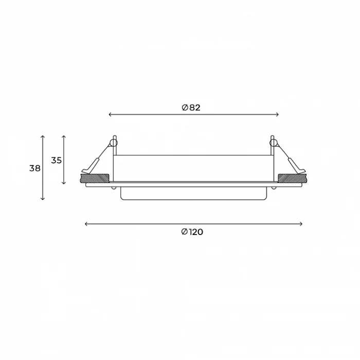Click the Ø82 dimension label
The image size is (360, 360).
coord(191,107)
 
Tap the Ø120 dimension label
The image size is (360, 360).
coord(192,232)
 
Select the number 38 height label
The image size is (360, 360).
coord(35,168)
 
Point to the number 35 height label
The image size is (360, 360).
coord(57,160)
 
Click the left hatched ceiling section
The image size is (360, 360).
coord(95,178)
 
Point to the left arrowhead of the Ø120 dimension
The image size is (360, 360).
coord(86,224)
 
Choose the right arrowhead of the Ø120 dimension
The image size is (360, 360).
coord(301,224)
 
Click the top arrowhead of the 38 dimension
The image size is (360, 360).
coord(43,137)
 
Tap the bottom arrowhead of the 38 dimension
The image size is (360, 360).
coord(43,199)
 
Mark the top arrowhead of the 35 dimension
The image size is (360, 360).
coord(64,137)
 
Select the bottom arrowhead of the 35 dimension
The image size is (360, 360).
coord(64,183)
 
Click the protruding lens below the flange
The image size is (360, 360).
coord(194,194)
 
